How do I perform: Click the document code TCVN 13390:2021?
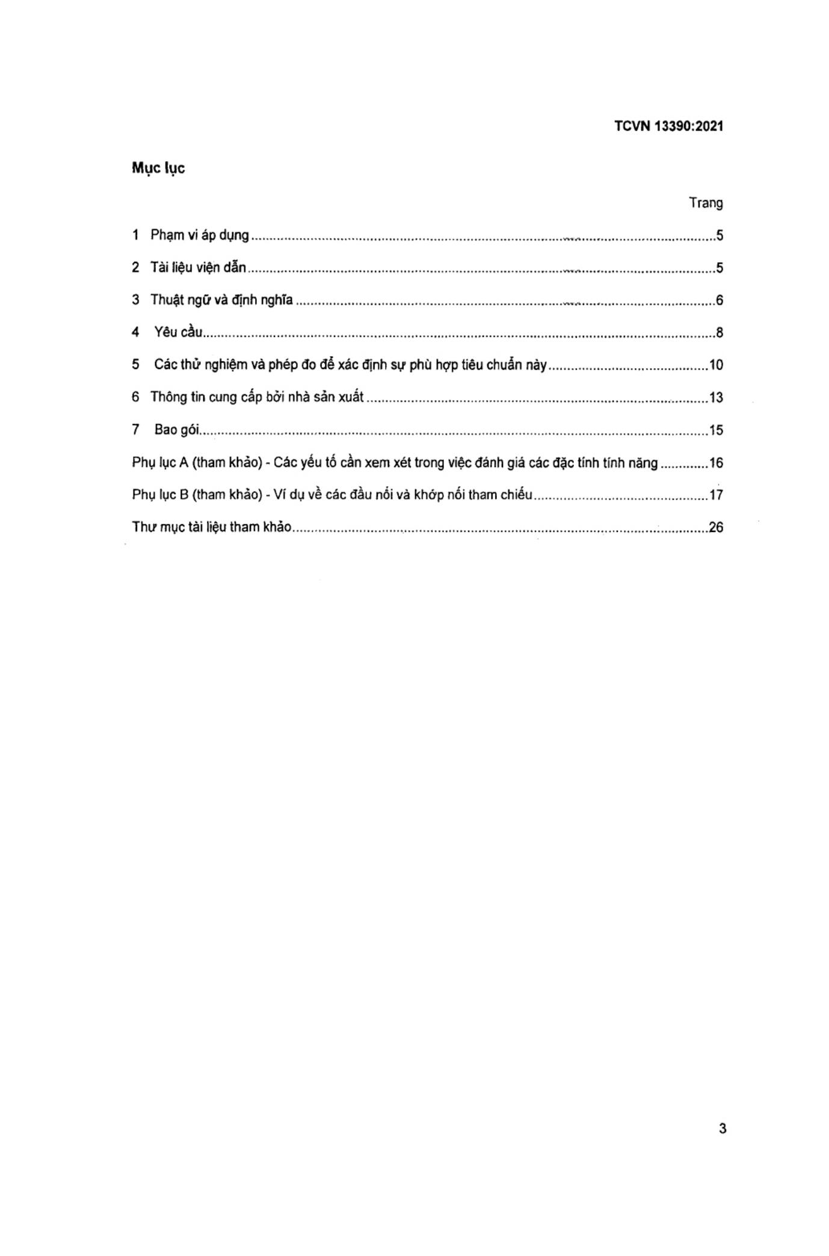(668, 126)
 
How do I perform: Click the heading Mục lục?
(158, 168)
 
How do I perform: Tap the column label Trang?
(706, 203)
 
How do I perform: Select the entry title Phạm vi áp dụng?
(199, 235)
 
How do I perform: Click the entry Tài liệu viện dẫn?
(198, 267)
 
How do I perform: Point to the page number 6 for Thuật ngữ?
(719, 300)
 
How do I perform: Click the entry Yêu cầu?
(178, 332)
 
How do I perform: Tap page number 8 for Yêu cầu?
(719, 333)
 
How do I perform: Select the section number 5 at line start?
(136, 365)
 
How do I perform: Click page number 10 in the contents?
(716, 365)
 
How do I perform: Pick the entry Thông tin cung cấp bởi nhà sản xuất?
(257, 397)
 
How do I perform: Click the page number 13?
(716, 398)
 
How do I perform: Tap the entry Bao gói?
(177, 430)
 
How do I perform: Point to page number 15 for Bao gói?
(716, 430)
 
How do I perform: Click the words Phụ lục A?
(160, 463)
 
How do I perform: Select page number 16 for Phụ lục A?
(716, 463)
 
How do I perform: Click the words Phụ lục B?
(160, 495)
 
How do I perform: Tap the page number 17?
(716, 495)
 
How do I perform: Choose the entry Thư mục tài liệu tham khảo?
(212, 527)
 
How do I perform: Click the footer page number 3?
(722, 1128)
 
